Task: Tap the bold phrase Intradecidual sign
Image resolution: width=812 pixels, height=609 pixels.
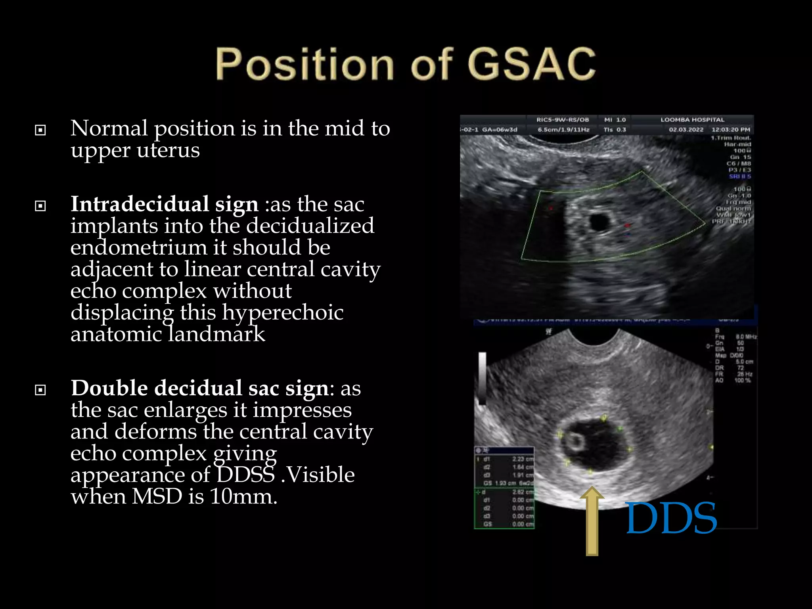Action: [x=164, y=204]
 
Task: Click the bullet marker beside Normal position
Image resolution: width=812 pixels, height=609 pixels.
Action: [x=40, y=130]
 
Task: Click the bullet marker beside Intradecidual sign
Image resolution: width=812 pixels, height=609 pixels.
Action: [x=40, y=206]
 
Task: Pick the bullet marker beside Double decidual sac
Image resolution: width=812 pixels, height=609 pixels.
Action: [x=40, y=390]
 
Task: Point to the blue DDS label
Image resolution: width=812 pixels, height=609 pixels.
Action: [x=671, y=518]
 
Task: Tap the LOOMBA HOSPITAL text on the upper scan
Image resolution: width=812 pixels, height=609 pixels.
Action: [x=692, y=120]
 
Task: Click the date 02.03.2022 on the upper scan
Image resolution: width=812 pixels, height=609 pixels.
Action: [x=686, y=130]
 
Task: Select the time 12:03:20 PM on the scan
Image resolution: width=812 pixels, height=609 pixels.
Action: [x=731, y=130]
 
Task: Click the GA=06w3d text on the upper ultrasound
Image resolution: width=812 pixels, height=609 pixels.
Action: [x=499, y=130]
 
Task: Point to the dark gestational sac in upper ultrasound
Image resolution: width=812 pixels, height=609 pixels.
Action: [x=599, y=222]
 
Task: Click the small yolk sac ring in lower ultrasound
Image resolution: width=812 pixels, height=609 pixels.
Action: [x=575, y=441]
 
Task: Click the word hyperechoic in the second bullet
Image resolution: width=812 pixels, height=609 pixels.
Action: [x=282, y=312]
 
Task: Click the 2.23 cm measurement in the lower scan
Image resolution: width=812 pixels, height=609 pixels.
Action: [x=522, y=459]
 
